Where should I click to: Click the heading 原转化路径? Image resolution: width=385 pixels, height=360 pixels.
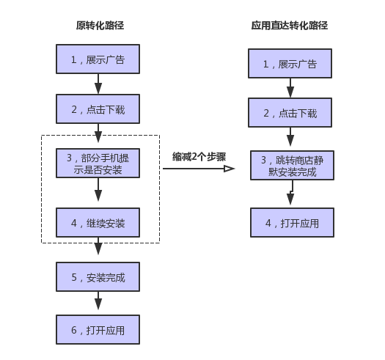(x=100, y=26)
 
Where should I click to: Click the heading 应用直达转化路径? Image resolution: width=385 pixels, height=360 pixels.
(x=290, y=26)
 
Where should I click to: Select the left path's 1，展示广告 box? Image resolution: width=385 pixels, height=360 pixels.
(x=98, y=59)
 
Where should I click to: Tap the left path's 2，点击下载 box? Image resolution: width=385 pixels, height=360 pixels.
(x=98, y=109)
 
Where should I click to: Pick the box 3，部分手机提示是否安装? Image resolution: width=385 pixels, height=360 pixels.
(x=98, y=163)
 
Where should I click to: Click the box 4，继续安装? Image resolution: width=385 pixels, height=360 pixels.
(x=98, y=223)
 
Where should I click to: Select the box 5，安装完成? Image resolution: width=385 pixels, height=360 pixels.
(x=98, y=276)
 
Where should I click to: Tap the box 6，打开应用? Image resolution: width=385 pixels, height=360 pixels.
(x=98, y=329)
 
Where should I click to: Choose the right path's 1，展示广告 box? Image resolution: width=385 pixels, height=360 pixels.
(x=290, y=63)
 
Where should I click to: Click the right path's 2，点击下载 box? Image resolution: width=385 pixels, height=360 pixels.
(x=290, y=112)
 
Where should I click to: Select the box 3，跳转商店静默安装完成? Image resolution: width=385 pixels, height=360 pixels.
(x=292, y=165)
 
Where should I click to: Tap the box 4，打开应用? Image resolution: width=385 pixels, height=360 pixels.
(x=292, y=223)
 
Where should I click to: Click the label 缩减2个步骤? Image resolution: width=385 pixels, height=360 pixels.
(x=199, y=157)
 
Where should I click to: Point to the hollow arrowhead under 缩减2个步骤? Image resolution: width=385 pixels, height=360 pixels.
(x=230, y=169)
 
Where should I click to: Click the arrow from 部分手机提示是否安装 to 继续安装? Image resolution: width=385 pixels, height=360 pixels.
(x=98, y=189)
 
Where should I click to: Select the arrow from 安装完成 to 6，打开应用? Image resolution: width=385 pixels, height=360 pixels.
(x=98, y=301)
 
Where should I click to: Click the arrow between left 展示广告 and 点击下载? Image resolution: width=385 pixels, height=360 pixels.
(x=98, y=84)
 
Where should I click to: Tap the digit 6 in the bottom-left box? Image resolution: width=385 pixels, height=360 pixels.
(x=74, y=330)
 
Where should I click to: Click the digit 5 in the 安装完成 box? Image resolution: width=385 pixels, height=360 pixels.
(x=74, y=277)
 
